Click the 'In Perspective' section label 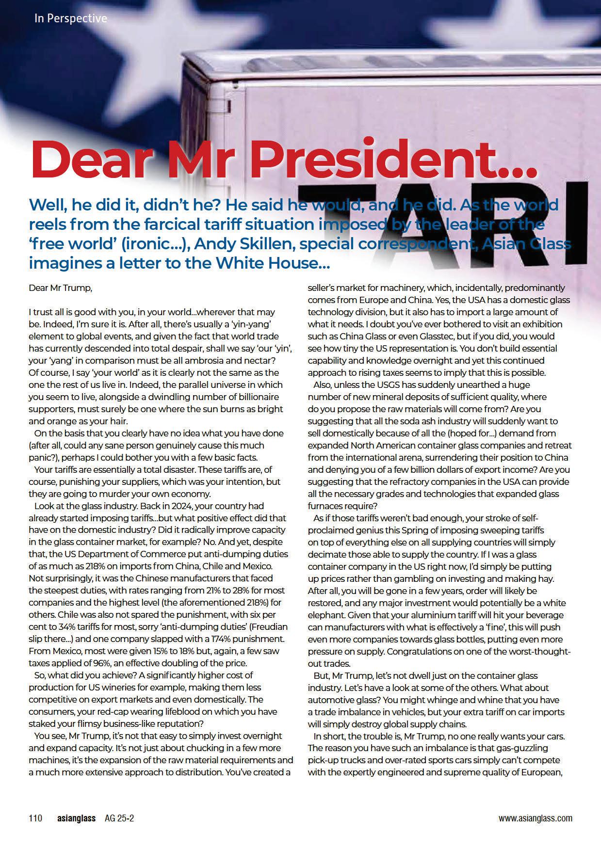click(x=71, y=18)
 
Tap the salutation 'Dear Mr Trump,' click(x=60, y=288)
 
